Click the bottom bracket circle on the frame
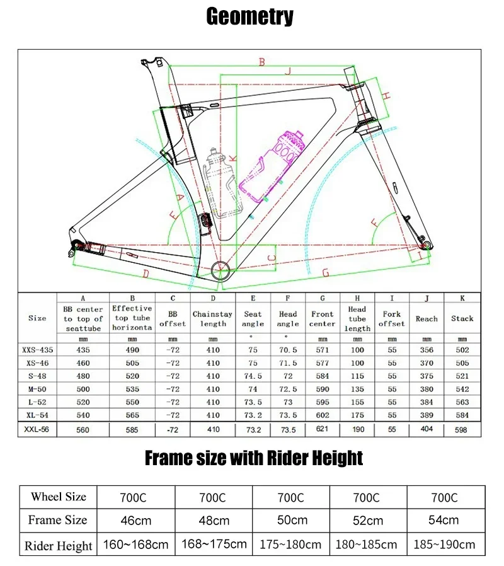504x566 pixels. [221, 272]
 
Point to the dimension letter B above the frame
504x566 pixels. [261, 61]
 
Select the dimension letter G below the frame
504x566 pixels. [326, 272]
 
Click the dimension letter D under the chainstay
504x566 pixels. [146, 274]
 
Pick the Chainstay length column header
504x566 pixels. [213, 318]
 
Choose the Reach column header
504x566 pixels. [427, 319]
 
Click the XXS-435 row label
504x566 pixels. [37, 350]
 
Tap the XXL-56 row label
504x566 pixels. [37, 429]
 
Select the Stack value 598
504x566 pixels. [462, 430]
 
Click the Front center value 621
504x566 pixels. [323, 430]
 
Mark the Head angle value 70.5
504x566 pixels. [287, 350]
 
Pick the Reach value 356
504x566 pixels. [427, 350]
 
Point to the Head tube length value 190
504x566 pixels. [357, 430]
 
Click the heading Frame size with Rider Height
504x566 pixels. [254, 458]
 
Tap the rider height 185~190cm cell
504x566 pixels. [444, 545]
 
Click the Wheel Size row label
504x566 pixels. [58, 497]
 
